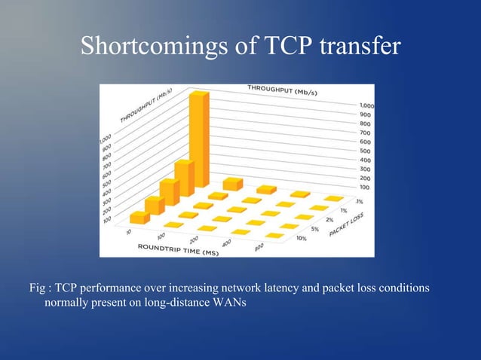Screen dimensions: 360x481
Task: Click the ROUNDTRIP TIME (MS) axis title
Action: click(x=178, y=248)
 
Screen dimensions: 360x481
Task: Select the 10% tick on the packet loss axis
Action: click(x=301, y=238)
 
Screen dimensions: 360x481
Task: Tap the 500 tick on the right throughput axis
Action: click(x=366, y=151)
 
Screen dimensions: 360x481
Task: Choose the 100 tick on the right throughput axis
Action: click(x=365, y=186)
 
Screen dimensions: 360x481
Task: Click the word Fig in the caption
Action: click(x=37, y=288)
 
